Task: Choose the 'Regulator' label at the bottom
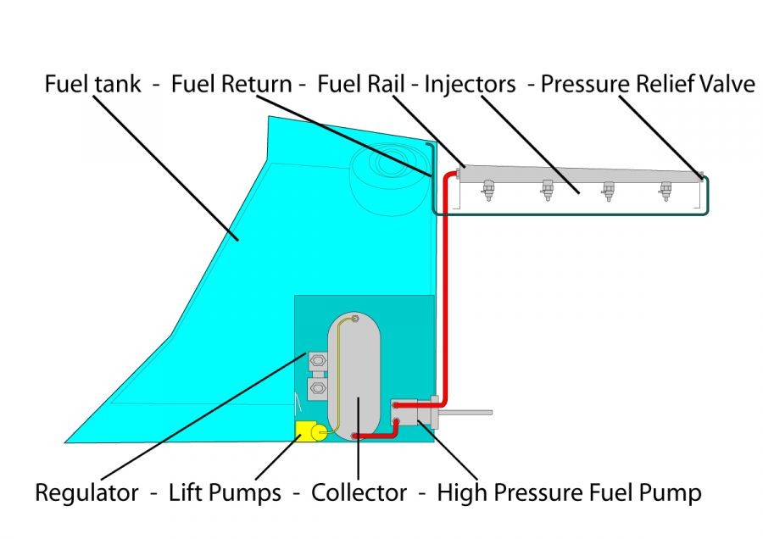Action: point(86,492)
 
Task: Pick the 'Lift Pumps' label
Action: point(225,492)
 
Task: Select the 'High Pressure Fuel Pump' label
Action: point(569,492)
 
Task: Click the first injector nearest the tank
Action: point(490,192)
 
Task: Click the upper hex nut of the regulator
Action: point(317,361)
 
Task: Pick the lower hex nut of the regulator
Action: point(317,389)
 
